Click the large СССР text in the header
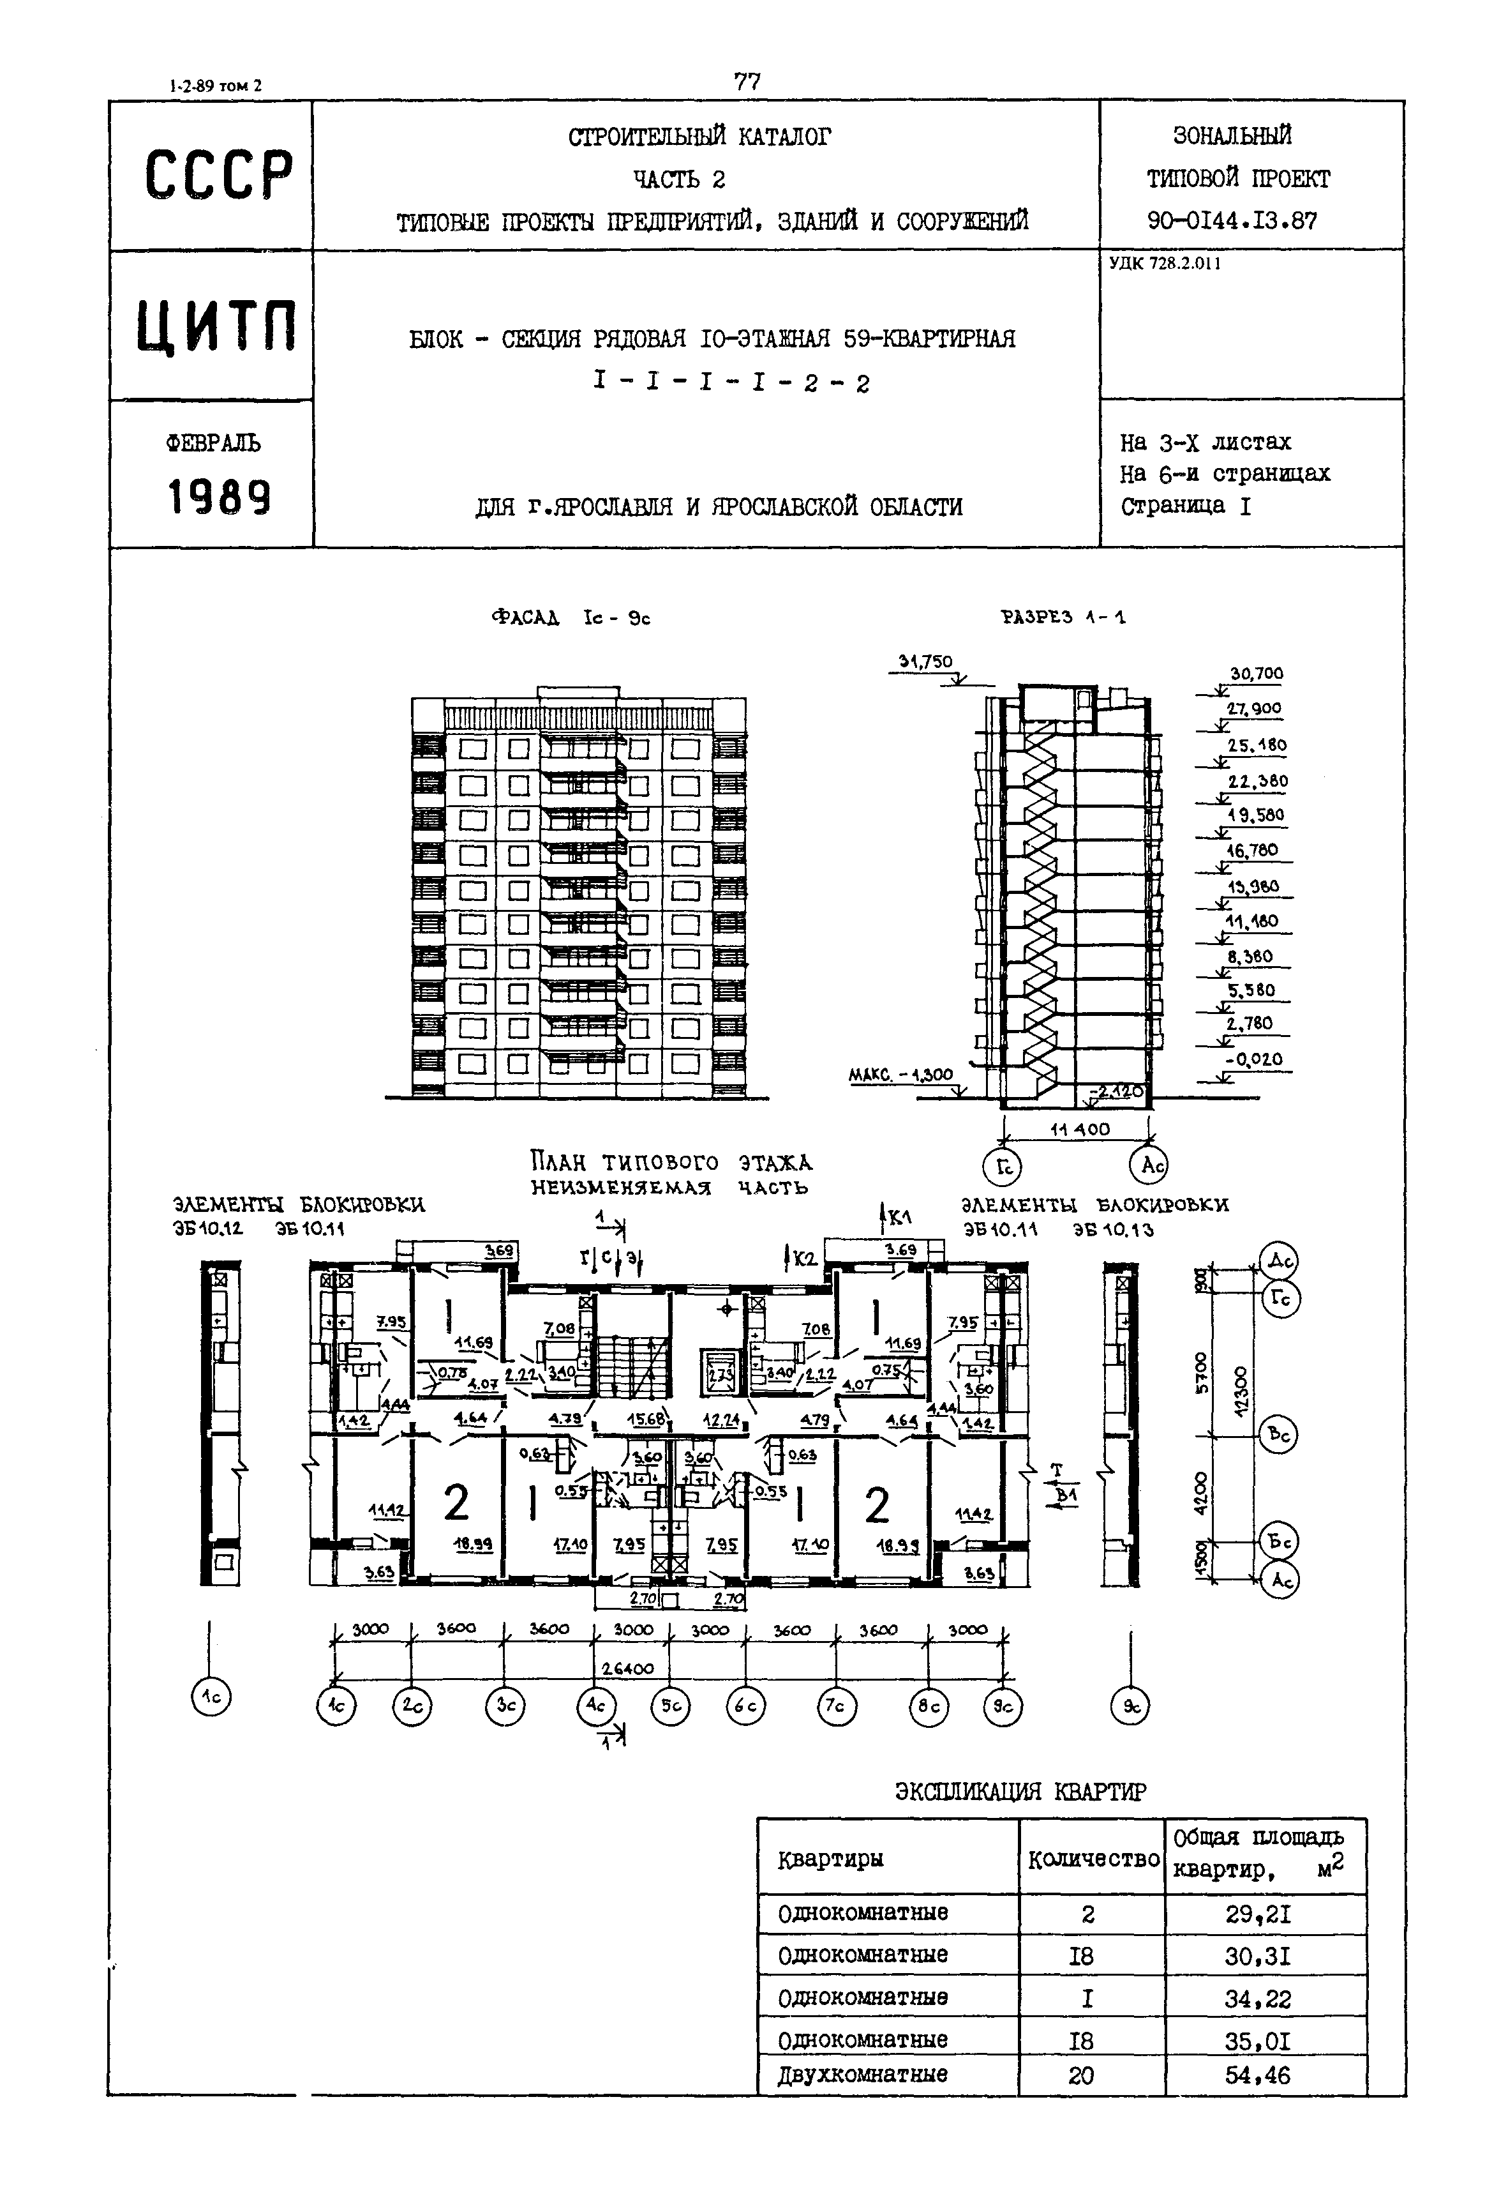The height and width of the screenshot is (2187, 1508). [218, 175]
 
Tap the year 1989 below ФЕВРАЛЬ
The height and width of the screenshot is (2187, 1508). [219, 496]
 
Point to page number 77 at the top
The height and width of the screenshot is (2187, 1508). [747, 82]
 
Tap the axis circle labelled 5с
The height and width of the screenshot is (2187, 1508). [671, 1707]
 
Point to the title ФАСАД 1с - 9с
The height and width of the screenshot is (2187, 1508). [571, 618]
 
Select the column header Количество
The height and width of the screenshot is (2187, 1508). [1093, 1859]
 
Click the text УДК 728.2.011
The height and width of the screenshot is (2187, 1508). [1165, 264]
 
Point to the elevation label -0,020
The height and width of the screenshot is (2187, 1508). [1254, 1059]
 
